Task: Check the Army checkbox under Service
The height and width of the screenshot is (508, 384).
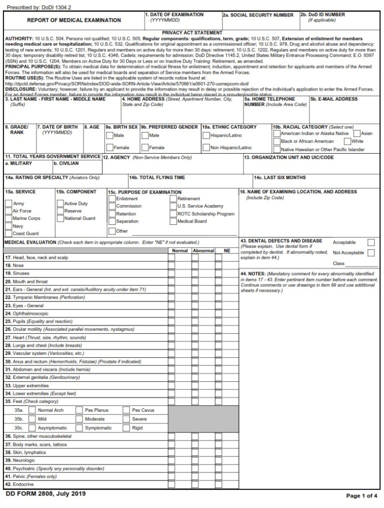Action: pyautogui.click(x=8, y=204)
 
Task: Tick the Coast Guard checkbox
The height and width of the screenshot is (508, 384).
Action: pyautogui.click(x=8, y=233)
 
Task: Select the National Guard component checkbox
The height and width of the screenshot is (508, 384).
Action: pyautogui.click(x=60, y=218)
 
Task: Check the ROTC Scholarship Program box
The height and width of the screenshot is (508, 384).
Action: pyautogui.click(x=173, y=214)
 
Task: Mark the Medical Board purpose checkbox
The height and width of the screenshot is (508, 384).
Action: pyautogui.click(x=173, y=221)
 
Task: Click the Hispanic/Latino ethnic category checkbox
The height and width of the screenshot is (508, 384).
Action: pyautogui.click(x=206, y=135)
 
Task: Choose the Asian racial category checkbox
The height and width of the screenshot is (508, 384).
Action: pyautogui.click(x=356, y=134)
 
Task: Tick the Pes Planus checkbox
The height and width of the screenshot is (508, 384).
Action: pyautogui.click(x=79, y=410)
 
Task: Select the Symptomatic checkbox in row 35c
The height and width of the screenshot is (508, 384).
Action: pyautogui.click(x=79, y=428)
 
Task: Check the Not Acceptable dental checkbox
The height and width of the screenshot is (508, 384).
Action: pyautogui.click(x=371, y=253)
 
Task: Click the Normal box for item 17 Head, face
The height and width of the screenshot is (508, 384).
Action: pyautogui.click(x=171, y=258)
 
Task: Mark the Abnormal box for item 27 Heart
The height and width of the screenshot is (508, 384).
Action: pyautogui.click(x=195, y=338)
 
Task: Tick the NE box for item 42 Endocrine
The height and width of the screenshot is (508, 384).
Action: pyautogui.click(x=218, y=484)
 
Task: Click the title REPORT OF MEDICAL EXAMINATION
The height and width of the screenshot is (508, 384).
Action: pyautogui.click(x=73, y=21)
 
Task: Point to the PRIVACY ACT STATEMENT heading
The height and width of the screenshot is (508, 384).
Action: pyautogui.click(x=192, y=33)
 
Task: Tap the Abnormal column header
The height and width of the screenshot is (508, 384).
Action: pyautogui.click(x=203, y=250)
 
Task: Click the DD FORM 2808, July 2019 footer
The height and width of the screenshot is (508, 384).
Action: pyautogui.click(x=45, y=494)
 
